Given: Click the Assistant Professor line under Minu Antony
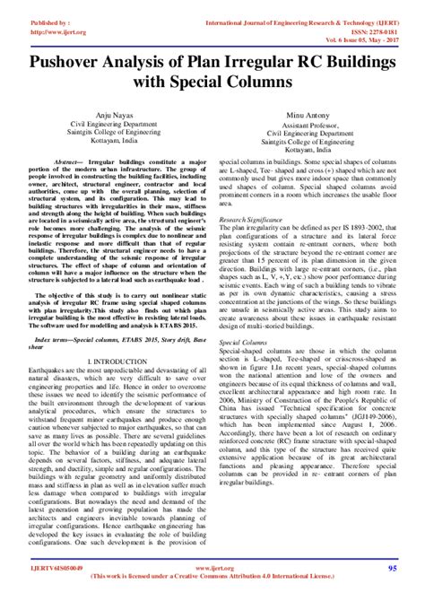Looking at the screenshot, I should click(311, 125).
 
